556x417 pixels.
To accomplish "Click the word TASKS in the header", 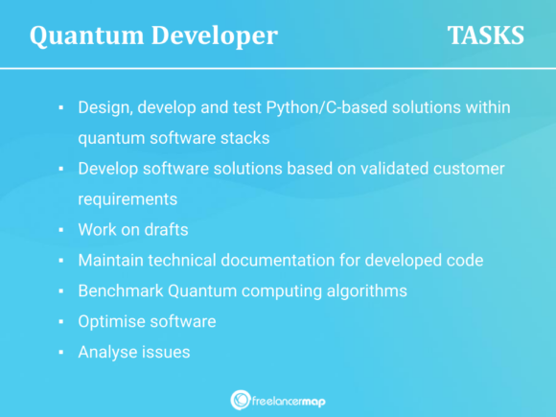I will (485, 35).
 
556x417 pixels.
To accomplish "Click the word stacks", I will (246, 137).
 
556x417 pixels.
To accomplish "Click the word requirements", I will (127, 198).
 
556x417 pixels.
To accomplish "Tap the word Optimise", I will (111, 321).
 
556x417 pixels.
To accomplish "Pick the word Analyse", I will (107, 352).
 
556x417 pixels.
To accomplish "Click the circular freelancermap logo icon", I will (241, 400).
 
